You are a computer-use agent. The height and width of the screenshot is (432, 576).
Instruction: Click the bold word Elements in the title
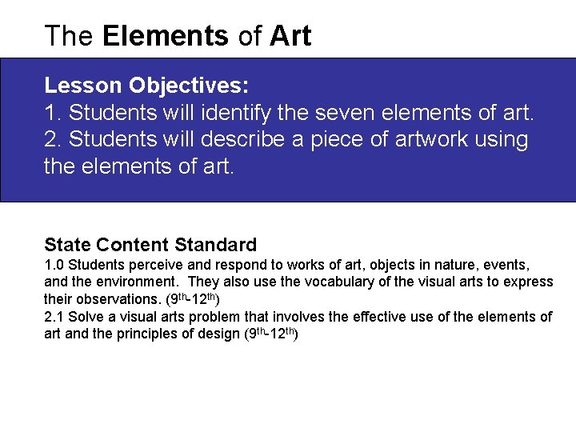point(166,36)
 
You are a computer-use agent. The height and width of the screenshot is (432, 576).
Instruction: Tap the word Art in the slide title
point(290,36)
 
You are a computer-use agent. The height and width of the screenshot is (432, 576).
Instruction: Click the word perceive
point(148,265)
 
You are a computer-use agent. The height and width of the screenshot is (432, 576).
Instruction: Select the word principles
point(129,334)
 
